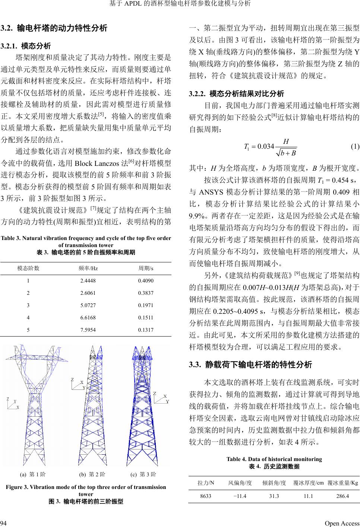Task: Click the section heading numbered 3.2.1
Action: point(26,46)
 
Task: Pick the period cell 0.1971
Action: point(145,306)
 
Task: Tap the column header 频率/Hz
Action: point(88,268)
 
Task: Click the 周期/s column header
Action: point(146,268)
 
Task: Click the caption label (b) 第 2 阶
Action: point(92,474)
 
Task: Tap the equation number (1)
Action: point(355,146)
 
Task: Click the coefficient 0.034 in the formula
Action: point(266,146)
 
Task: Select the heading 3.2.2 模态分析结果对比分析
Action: point(237,93)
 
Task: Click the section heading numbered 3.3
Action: point(250,365)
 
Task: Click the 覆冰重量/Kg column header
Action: point(343,483)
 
